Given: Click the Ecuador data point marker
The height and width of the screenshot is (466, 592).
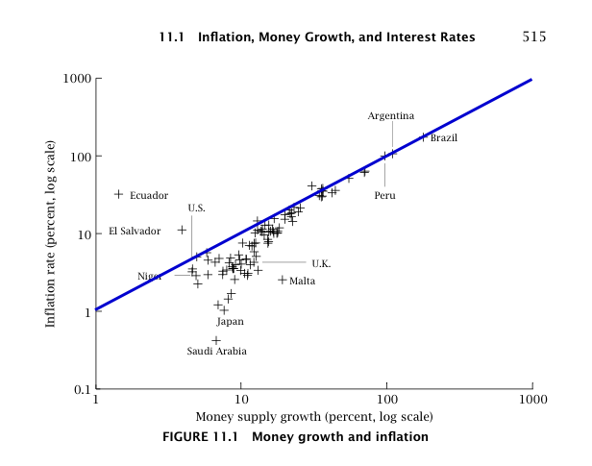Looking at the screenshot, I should click(119, 194).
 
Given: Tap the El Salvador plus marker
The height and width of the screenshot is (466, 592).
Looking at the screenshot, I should click(182, 230).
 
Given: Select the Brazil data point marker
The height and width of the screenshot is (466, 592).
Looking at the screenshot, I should click(423, 136).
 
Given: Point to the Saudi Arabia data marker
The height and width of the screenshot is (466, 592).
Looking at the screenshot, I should click(216, 340).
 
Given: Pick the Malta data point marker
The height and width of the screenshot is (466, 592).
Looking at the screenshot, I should click(283, 280).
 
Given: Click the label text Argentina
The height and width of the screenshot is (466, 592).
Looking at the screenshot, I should click(390, 116).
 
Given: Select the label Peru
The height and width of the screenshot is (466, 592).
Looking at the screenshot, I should click(384, 195).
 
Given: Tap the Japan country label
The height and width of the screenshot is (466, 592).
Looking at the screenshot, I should click(230, 322).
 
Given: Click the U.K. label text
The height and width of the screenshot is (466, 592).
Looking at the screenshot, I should click(321, 262).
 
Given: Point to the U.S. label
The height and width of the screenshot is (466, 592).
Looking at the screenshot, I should click(196, 208).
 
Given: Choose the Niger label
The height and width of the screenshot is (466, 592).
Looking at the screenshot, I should click(149, 276).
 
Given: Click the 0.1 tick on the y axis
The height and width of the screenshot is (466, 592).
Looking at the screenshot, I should click(80, 389).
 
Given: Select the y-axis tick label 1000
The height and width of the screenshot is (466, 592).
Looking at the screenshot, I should click(76, 78).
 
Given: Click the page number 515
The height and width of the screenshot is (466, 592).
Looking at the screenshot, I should click(534, 37).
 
